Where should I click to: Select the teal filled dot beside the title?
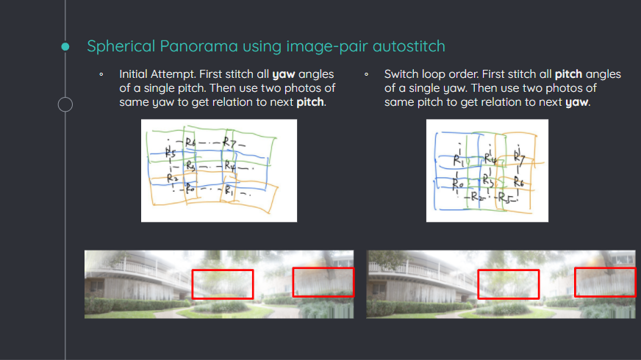point(65,46)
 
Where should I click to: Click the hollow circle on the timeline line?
point(65,104)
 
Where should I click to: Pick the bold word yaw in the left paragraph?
point(283,75)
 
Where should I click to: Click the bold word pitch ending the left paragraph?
point(310,102)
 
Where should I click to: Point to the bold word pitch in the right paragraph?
point(568,74)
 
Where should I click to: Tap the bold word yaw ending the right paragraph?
point(576,103)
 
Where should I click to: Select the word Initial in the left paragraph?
point(133,74)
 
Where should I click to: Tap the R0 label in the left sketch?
point(190,188)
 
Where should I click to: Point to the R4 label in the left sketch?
point(230,166)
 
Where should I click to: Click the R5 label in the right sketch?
point(505,198)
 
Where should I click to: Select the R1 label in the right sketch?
point(458,159)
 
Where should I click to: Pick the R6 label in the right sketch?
point(519,181)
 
